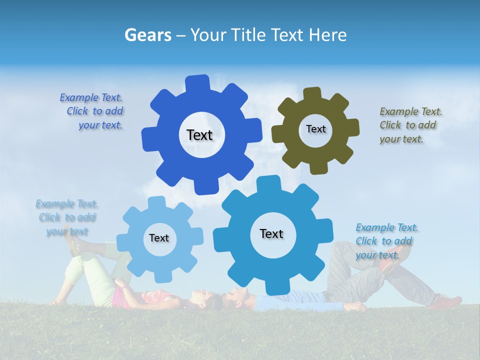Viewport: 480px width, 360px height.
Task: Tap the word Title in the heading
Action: coord(248,35)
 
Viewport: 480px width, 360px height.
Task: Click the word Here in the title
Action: coord(328,35)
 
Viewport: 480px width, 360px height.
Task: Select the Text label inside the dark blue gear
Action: coord(199,135)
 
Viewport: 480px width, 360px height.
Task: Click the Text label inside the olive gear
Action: coord(315,129)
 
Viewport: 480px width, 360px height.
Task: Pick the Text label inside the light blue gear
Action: coord(159,238)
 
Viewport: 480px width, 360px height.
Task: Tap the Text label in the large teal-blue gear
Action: coord(271,233)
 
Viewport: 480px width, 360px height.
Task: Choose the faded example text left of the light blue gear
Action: coord(67,217)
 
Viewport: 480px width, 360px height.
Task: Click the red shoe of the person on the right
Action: coord(446,301)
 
